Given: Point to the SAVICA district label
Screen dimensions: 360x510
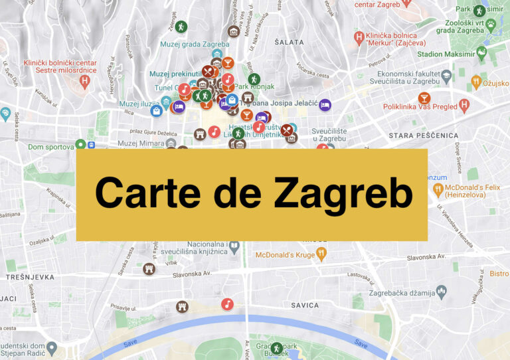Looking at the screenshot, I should pyautogui.click(x=305, y=306).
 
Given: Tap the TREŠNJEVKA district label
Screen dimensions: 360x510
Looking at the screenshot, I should pyautogui.click(x=25, y=276).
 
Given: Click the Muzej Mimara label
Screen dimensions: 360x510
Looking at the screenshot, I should pyautogui.click(x=140, y=143).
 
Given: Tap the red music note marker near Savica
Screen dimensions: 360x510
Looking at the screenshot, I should pyautogui.click(x=227, y=304).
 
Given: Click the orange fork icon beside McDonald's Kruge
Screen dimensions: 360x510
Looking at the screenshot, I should pyautogui.click(x=322, y=253).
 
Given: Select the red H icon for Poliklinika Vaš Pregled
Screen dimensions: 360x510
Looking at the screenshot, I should pyautogui.click(x=464, y=105).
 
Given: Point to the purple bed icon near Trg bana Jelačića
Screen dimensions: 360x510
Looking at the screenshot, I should pyautogui.click(x=325, y=104).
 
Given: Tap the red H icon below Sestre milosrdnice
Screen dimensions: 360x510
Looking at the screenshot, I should pyautogui.click(x=84, y=81).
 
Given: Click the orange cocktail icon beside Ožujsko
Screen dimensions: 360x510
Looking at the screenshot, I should pyautogui.click(x=475, y=82).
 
